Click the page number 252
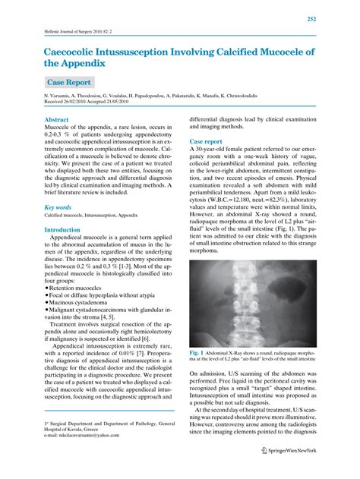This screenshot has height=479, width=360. (333, 18)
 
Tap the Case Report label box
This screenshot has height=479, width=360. (69, 82)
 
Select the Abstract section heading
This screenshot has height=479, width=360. (57, 120)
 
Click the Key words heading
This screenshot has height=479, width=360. (58, 206)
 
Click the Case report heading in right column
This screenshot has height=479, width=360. (206, 141)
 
